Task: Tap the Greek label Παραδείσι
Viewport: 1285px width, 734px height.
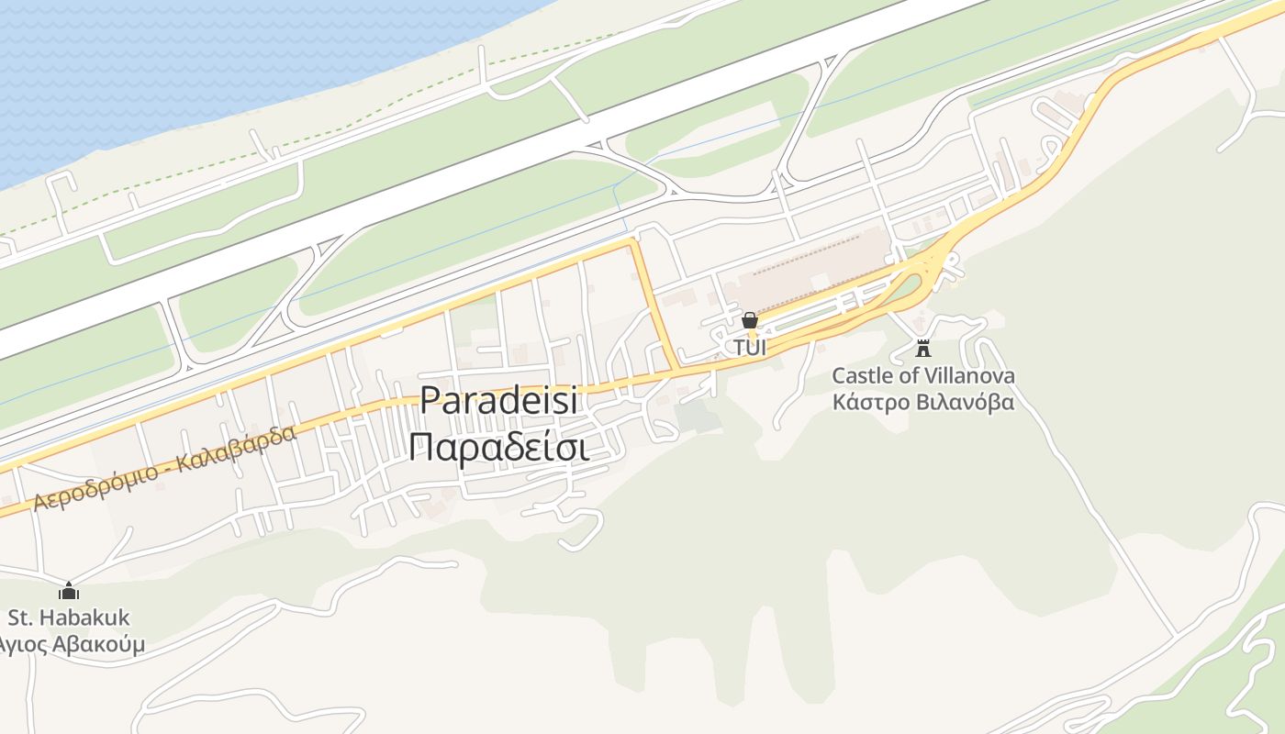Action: pos(498,449)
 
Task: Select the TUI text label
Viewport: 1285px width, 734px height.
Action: pos(749,348)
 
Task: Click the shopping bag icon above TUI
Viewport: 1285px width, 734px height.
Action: pos(750,320)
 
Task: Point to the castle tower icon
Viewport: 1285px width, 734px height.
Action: pos(923,348)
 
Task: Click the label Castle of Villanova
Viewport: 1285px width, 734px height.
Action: pos(923,376)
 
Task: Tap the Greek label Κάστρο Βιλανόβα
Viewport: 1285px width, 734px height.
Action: pos(923,402)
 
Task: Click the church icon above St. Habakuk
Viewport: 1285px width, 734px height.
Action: pos(69,591)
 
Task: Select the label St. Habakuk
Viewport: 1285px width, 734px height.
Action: pos(69,617)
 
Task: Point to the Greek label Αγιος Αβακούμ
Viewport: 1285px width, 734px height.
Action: pos(72,644)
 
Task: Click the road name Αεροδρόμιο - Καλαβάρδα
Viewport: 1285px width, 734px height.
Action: pos(165,468)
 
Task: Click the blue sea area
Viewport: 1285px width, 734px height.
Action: pos(184,64)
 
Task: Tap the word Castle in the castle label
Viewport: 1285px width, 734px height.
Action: pos(862,376)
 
